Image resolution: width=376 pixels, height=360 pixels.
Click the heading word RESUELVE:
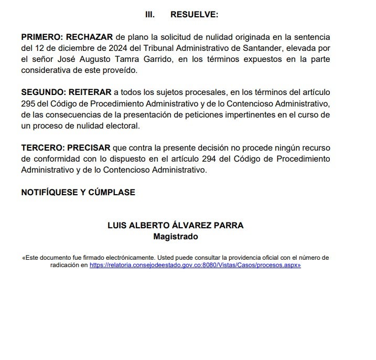click(x=194, y=15)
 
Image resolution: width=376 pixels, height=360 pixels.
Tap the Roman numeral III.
click(x=149, y=15)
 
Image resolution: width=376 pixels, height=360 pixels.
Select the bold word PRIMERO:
click(x=41, y=38)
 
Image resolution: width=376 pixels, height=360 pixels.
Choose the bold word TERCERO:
click(x=42, y=149)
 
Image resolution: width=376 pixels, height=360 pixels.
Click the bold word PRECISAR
click(x=90, y=149)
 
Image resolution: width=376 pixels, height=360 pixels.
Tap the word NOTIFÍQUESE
click(x=50, y=193)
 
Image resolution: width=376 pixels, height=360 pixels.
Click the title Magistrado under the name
click(x=175, y=237)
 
